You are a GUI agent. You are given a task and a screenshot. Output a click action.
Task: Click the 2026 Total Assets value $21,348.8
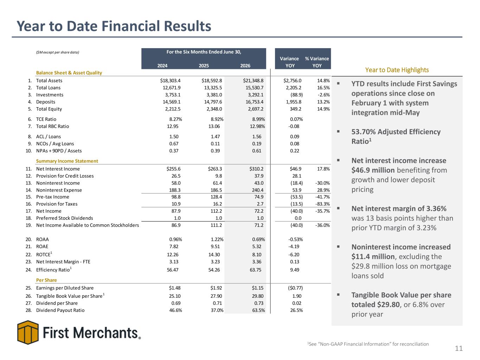point(253,81)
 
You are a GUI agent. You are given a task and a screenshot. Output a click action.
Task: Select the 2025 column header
point(204,66)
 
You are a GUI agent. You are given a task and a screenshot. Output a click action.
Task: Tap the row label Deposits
point(45,102)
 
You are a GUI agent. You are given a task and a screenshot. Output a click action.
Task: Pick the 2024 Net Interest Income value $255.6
point(173,169)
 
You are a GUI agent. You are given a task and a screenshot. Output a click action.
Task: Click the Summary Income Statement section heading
point(67,161)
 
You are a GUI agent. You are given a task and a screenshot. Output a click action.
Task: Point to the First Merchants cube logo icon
point(28,332)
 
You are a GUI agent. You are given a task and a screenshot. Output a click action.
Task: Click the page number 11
point(459,348)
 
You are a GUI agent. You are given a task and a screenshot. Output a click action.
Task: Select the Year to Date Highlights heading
point(397,70)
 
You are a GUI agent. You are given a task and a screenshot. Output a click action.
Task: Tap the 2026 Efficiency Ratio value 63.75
point(255,270)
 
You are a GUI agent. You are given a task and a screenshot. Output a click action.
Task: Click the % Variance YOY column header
point(317,62)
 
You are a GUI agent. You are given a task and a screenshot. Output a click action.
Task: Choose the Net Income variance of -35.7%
point(322,211)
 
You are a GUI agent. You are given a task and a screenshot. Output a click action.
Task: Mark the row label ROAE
point(42,246)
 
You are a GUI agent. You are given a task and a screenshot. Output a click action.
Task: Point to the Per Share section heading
point(46,280)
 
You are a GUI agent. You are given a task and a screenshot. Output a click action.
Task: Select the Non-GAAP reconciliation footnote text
point(368,344)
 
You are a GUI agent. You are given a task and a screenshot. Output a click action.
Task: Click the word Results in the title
point(187,26)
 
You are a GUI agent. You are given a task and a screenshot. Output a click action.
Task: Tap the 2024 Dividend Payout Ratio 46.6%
point(175,310)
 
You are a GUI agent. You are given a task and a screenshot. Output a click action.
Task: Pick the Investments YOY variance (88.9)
point(296,95)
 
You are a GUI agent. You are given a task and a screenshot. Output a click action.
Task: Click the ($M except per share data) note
point(58,52)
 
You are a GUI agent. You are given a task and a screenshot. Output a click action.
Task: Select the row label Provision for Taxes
point(57,204)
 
